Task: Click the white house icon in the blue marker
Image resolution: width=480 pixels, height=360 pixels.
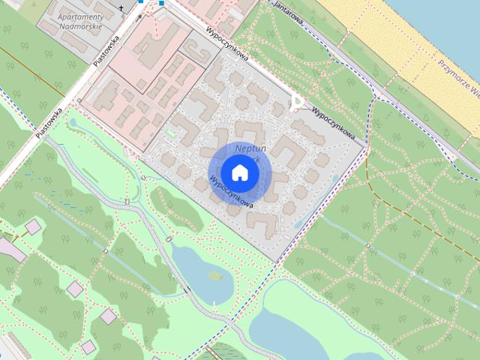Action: coord(239,172)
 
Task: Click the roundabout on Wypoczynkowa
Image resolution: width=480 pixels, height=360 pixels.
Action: coord(298,101)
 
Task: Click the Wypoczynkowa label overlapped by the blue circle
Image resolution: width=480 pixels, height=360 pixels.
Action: coord(230,192)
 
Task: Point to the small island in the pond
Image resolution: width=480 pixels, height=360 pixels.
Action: coord(215,275)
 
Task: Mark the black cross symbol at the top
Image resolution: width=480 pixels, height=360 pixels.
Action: coord(122,9)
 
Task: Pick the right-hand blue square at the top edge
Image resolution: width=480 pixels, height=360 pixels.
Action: coord(160,3)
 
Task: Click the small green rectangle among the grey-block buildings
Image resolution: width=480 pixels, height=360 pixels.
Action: coord(172,134)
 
